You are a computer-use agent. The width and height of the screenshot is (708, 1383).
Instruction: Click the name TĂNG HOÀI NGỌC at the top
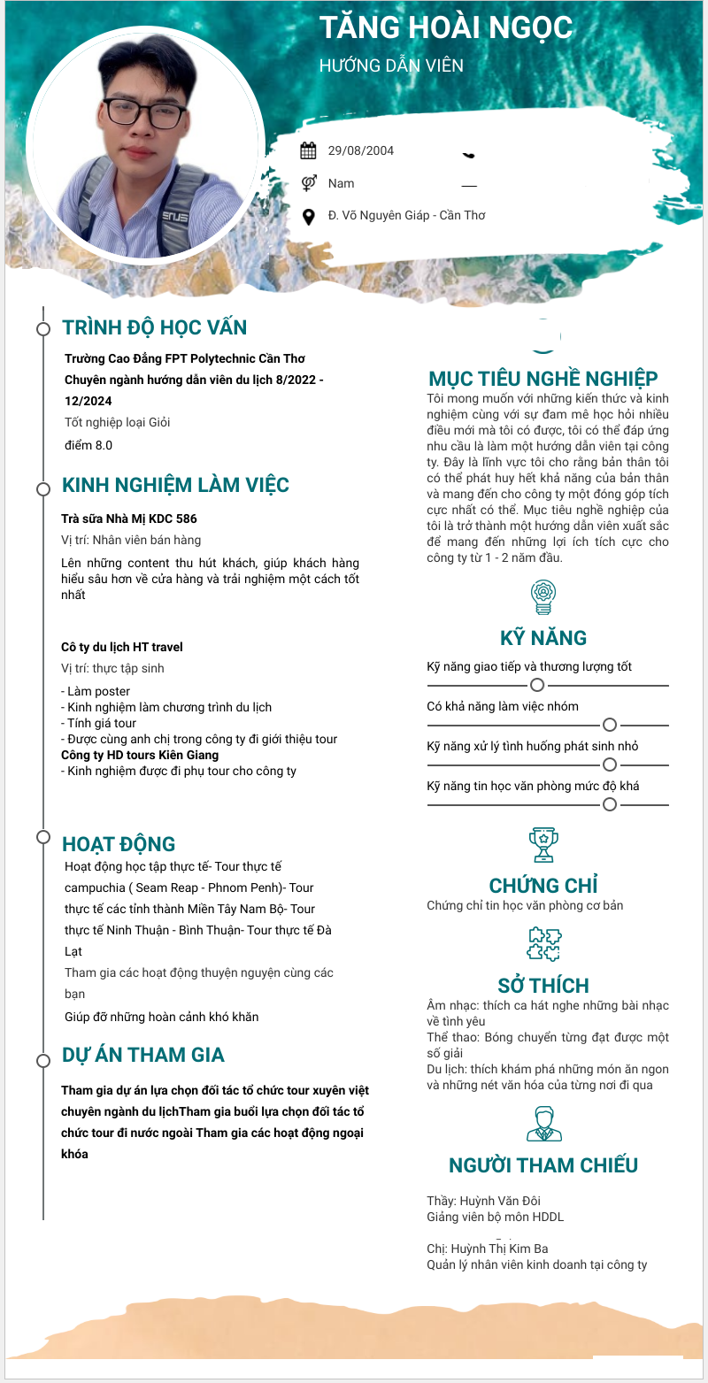click(446, 28)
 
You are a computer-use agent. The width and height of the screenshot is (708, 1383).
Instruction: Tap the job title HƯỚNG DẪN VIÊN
click(391, 65)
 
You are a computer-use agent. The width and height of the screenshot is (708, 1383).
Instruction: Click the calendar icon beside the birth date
click(308, 150)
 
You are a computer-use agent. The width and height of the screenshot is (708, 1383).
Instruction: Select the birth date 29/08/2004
click(361, 150)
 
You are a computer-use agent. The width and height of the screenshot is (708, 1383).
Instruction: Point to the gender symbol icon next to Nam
click(309, 183)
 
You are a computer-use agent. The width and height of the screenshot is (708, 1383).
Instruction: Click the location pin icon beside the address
click(309, 216)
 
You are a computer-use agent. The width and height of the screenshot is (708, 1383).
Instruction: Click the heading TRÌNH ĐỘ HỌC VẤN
click(155, 327)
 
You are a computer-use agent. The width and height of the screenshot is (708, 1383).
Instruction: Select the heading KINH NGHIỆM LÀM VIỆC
click(175, 486)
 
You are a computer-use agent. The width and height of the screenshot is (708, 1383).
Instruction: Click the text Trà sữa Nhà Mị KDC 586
click(129, 519)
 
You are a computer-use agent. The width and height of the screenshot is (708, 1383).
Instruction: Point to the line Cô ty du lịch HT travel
click(122, 647)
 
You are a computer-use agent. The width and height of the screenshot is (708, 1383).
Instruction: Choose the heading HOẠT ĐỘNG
click(119, 844)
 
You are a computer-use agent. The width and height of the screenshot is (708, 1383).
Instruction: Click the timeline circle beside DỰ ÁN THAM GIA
click(42, 1060)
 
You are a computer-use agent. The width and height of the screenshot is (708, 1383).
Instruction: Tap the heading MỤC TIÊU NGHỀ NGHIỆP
click(543, 379)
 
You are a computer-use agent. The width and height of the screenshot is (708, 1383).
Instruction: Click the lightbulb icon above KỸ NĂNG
click(543, 596)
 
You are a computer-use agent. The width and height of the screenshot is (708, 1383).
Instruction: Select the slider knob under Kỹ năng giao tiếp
click(537, 685)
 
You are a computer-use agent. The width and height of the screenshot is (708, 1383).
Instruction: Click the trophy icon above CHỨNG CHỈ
click(543, 844)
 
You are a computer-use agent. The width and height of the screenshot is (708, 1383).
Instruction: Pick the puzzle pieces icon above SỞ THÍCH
click(543, 944)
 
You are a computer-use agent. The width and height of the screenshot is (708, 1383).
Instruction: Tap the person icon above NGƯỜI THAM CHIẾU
click(543, 1123)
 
